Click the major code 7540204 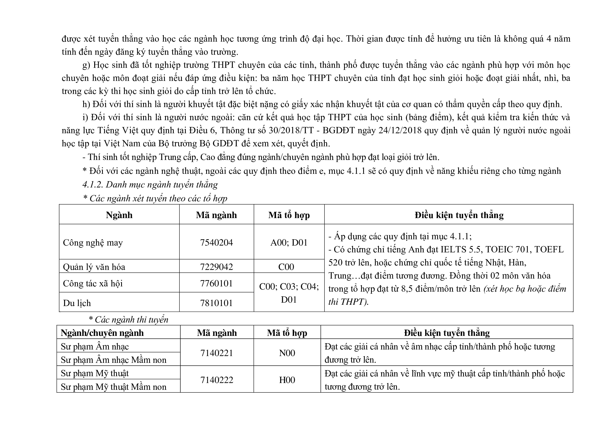click(x=216, y=242)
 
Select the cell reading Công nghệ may click(x=93, y=243)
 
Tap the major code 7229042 click(x=216, y=267)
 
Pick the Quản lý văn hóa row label click(x=94, y=267)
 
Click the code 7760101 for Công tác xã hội click(x=216, y=283)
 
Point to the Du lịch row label click(x=77, y=303)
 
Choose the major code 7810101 click(x=216, y=303)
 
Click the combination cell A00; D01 click(x=289, y=242)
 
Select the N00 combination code click(x=287, y=353)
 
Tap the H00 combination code click(x=287, y=380)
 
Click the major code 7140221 click(x=216, y=353)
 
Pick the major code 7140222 click(x=216, y=380)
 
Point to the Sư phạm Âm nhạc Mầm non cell click(x=114, y=360)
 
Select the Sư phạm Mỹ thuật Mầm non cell click(x=114, y=387)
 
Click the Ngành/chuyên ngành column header click(x=102, y=333)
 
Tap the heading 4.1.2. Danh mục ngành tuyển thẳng click(x=150, y=185)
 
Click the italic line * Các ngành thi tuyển click(x=128, y=319)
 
